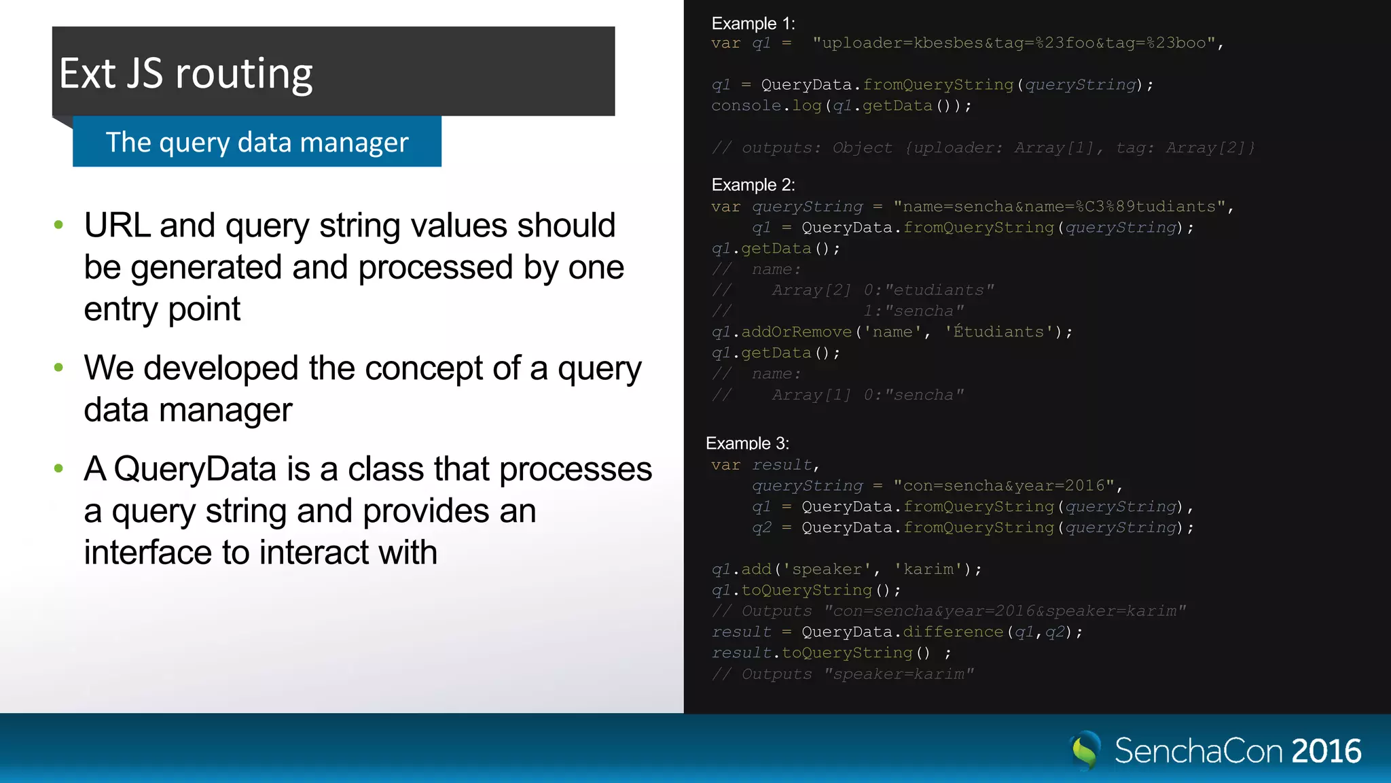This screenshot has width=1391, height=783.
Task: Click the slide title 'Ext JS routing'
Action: coord(185,73)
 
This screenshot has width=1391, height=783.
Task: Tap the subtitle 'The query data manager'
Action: coord(257,142)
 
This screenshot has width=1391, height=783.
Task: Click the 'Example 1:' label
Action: coord(753,24)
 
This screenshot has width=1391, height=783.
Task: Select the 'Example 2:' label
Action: coord(753,185)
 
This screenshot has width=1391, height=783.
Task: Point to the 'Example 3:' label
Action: coord(747,443)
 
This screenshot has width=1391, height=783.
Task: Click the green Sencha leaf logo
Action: coord(1085,750)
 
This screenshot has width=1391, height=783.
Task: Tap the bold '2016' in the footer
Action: coord(1326,751)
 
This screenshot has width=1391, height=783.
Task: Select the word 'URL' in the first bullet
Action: coord(117,226)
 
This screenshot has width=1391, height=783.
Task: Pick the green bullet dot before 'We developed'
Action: coord(58,368)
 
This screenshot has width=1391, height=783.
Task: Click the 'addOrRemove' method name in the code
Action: coord(796,332)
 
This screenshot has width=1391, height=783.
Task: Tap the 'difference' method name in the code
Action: coord(952,631)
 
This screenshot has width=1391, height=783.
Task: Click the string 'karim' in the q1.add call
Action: coord(928,569)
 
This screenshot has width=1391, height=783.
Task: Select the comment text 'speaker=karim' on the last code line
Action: coord(898,674)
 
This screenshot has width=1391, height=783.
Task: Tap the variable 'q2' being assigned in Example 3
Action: coord(761,527)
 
